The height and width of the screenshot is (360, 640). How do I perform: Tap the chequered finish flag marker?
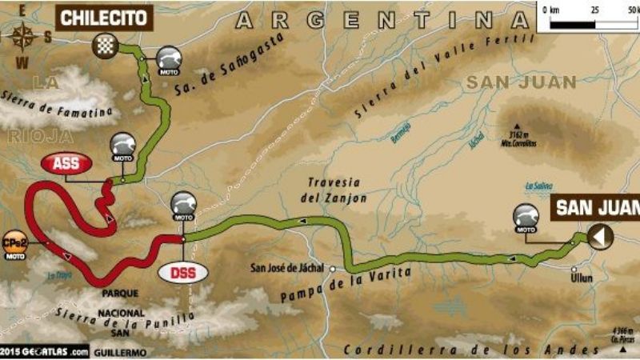(x=105, y=44)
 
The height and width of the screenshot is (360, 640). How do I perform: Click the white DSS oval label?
(x=182, y=272)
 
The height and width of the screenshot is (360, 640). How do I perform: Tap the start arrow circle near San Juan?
(x=600, y=235)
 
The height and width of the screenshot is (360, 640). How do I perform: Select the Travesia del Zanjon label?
(x=335, y=189)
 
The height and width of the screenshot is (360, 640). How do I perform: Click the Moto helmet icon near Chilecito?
(x=168, y=58)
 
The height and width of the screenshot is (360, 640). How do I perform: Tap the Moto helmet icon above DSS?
(x=183, y=206)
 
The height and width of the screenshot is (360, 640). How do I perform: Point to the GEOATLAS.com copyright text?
(x=45, y=350)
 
